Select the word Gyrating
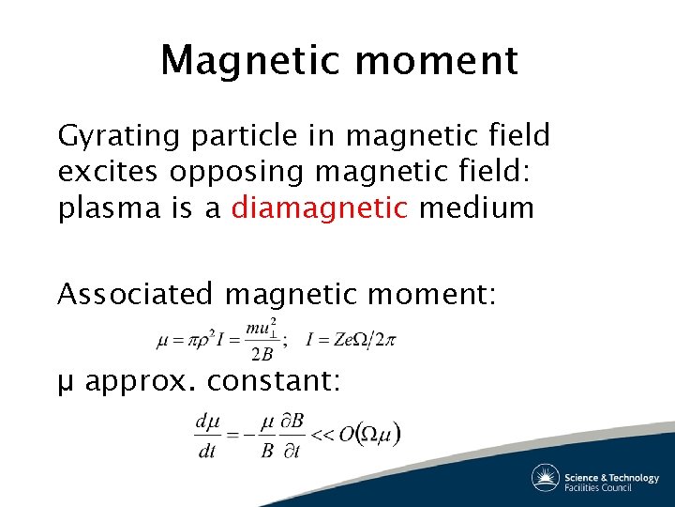[x=119, y=137]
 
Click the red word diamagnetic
[x=320, y=208]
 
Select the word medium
[x=476, y=208]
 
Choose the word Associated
[x=136, y=295]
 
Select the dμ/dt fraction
[x=207, y=435]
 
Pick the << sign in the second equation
[x=322, y=435]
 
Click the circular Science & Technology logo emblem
[x=545, y=478]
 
